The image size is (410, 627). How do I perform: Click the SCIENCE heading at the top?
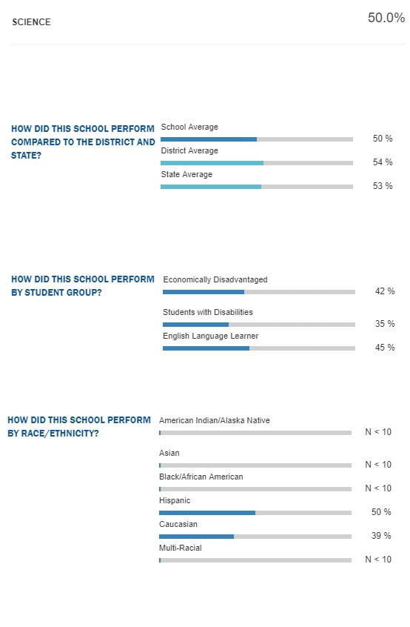pos(31,22)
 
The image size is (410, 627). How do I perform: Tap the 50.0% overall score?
pos(386,18)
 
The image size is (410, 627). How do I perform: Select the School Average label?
pos(189,127)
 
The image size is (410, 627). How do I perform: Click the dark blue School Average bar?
pos(209,139)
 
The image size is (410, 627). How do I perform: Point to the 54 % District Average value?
pos(383,162)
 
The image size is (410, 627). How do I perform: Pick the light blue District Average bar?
pos(212,163)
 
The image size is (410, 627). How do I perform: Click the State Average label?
pos(186,174)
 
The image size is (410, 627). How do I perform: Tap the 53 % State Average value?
pos(383,185)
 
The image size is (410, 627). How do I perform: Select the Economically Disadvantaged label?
pos(215,279)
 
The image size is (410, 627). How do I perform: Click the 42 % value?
pos(384,291)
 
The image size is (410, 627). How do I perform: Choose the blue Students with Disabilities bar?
pos(195,325)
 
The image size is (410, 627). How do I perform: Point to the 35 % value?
pos(384,323)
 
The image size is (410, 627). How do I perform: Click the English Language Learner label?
pos(210,336)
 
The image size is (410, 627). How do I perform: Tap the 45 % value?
pos(384,347)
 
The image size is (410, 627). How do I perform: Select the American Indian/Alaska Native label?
pos(215,420)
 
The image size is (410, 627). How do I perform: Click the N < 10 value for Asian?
pos(378,464)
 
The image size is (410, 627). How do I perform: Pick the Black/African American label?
pos(201,477)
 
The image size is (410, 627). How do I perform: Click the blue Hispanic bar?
pos(207,513)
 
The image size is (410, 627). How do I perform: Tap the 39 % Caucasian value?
pos(381,535)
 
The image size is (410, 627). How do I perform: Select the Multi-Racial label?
pos(181,548)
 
